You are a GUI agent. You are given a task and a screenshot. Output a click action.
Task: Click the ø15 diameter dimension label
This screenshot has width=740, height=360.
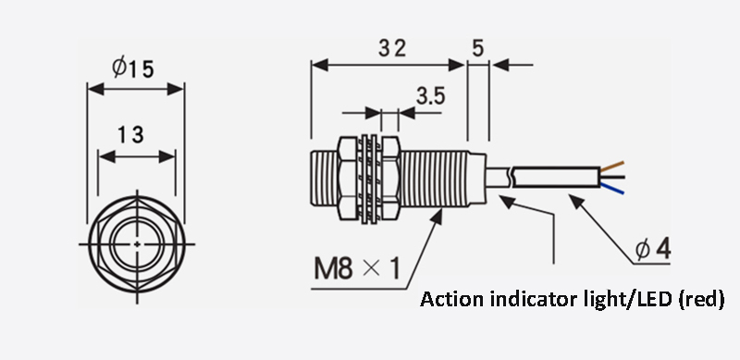coord(135,68)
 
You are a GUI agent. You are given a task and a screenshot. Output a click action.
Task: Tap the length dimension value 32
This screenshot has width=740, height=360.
coord(388,48)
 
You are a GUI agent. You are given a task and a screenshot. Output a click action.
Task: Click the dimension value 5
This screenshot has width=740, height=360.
coord(477,48)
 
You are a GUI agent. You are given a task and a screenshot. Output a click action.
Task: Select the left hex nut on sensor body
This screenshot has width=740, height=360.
coord(349,180)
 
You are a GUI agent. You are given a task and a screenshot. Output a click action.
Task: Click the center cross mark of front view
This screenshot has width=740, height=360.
coord(136,243)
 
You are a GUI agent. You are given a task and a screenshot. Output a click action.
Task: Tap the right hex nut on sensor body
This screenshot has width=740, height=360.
coord(388,180)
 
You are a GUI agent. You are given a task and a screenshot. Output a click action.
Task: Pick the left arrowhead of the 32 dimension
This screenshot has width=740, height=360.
coord(315,65)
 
